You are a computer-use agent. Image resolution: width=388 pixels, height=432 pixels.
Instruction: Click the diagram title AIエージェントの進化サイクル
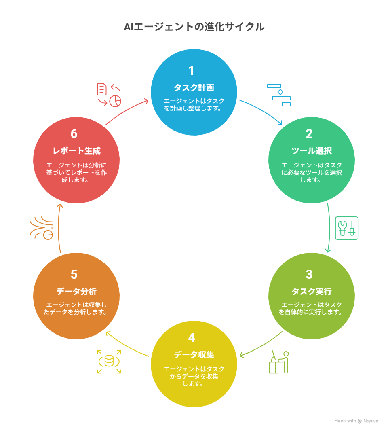194,27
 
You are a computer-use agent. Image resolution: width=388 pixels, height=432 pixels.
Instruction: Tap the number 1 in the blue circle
192,70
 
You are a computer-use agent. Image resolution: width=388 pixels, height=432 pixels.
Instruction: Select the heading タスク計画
194,88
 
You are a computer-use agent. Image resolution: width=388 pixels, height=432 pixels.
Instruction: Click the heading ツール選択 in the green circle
312,151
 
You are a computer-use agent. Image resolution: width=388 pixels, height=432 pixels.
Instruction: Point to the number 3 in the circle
309,274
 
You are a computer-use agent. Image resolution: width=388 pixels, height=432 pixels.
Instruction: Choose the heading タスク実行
312,292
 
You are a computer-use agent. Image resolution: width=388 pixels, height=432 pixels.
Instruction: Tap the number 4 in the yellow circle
192,337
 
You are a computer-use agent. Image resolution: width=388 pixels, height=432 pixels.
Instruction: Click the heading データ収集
194,355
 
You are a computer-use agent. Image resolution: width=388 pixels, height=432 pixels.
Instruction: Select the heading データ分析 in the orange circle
76,292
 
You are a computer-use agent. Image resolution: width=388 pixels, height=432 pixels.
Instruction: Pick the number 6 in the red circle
74,133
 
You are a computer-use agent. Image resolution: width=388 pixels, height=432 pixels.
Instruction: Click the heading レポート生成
76,151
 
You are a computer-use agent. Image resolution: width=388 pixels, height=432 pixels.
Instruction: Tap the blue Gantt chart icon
279,95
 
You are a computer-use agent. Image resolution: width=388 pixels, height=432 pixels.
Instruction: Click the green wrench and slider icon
347,228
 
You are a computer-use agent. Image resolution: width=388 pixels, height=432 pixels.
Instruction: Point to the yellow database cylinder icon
109,361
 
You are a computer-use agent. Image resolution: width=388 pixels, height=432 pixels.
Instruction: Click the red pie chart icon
115,101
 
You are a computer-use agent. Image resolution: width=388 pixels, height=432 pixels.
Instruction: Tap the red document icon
101,89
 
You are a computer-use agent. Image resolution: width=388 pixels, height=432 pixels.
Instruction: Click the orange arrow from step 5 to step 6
59,228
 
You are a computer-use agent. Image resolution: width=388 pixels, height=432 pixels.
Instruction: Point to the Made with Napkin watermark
356,421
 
